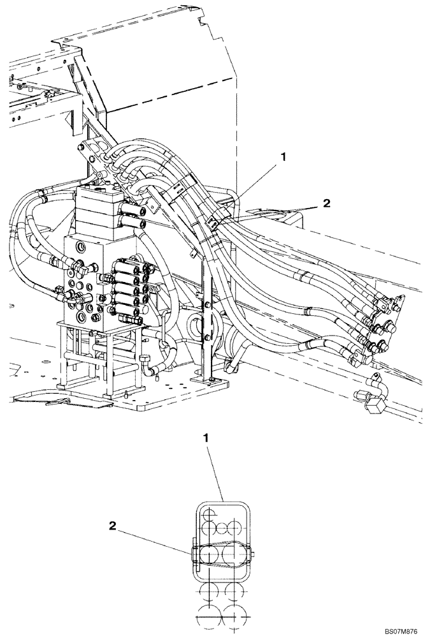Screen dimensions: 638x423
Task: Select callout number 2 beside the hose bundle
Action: tap(326, 204)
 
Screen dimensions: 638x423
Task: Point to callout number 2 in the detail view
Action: tap(112, 526)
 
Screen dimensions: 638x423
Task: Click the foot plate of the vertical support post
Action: tap(211, 381)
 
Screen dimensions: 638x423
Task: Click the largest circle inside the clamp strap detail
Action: tap(233, 554)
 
